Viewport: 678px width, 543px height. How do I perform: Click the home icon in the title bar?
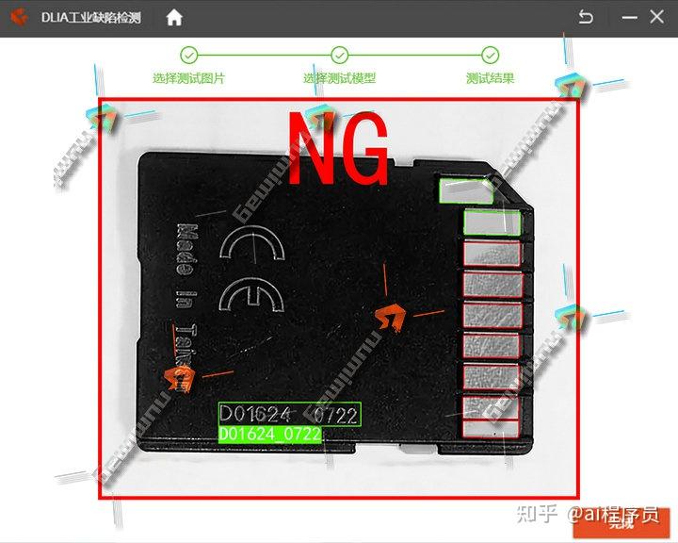pyautogui.click(x=174, y=17)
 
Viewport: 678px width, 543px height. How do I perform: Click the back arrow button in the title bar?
pyautogui.click(x=586, y=17)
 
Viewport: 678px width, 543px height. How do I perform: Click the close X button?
pyautogui.click(x=656, y=17)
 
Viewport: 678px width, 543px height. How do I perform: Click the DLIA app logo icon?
pyautogui.click(x=19, y=17)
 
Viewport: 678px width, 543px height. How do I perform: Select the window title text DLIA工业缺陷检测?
pyautogui.click(x=90, y=18)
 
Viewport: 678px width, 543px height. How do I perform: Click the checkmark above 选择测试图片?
pyautogui.click(x=189, y=55)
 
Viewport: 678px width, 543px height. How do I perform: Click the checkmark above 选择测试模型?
pyautogui.click(x=340, y=55)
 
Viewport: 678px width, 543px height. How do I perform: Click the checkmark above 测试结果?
pyautogui.click(x=490, y=55)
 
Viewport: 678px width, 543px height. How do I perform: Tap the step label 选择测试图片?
pyautogui.click(x=189, y=78)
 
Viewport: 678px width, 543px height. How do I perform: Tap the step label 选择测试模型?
pyautogui.click(x=339, y=78)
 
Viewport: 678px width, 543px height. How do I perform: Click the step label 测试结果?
pyautogui.click(x=490, y=78)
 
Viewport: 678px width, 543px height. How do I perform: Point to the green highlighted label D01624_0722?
pyautogui.click(x=269, y=435)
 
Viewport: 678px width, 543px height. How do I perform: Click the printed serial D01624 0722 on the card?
pyautogui.click(x=289, y=414)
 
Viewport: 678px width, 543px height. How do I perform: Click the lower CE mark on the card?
pyautogui.click(x=250, y=297)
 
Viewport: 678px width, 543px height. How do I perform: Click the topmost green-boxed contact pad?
pyautogui.click(x=466, y=190)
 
